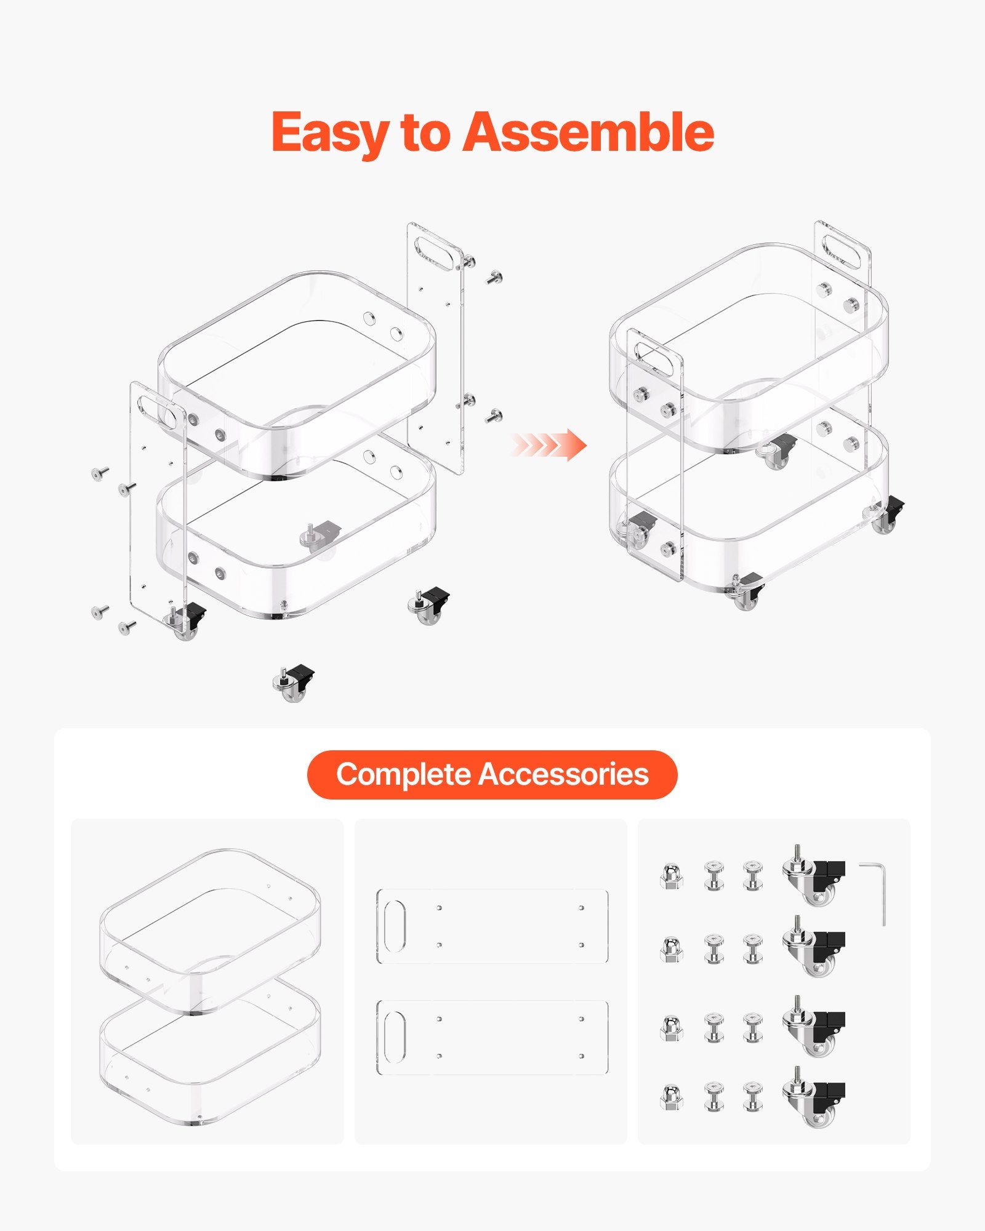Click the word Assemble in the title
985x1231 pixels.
(588, 132)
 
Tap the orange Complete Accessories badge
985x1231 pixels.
(492, 774)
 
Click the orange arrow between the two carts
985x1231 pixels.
(548, 445)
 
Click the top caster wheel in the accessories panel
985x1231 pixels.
(813, 875)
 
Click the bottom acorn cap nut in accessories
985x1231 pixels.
(672, 1097)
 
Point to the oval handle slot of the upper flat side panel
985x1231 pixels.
(395, 926)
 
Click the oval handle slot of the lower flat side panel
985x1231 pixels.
(395, 1037)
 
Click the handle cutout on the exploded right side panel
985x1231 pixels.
(438, 252)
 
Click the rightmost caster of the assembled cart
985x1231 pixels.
(886, 515)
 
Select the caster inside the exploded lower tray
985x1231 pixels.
(320, 535)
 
